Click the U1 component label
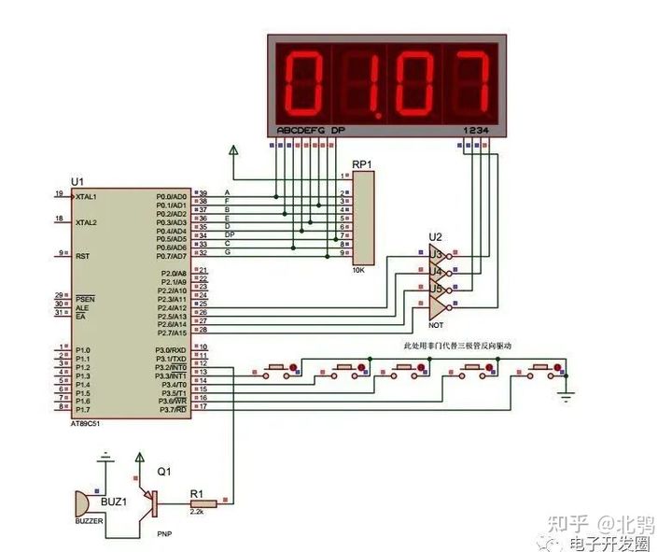77,181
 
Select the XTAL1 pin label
87,197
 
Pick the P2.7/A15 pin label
170,332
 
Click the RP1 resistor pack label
363,164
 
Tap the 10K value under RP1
358,270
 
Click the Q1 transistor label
165,472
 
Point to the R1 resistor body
203,504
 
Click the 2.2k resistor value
197,515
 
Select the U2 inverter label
434,237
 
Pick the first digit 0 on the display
305,81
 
